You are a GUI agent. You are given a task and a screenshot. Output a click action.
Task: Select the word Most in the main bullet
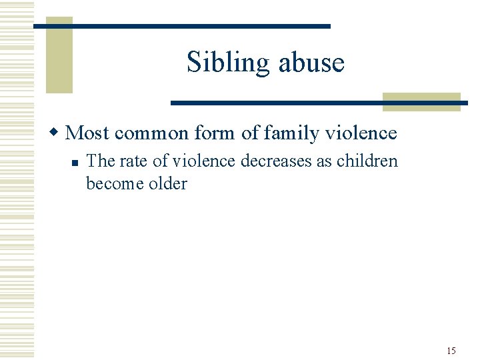[88, 133]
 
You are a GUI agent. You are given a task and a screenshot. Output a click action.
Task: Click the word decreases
[274, 161]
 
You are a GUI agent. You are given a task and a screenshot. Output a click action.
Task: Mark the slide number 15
[451, 351]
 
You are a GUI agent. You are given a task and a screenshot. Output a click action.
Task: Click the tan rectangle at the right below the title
[421, 101]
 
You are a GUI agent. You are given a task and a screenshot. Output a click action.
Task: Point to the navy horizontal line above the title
[181, 26]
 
